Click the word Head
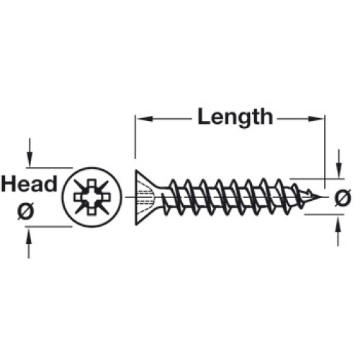[30, 184]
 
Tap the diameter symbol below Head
[26, 210]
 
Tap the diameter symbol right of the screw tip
[343, 198]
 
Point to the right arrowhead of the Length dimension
[316, 119]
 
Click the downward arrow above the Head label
[30, 152]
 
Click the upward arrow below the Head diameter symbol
[29, 243]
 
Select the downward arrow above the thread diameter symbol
[338, 163]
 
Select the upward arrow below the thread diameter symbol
[338, 231]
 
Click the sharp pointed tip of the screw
[321, 197]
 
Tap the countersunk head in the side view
[145, 197]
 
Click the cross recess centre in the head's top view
[92, 197]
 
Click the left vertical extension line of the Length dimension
[135, 137]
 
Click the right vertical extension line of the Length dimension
[325, 152]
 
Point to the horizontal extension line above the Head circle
[50, 168]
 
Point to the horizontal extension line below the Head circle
[48, 226]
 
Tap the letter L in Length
[204, 117]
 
